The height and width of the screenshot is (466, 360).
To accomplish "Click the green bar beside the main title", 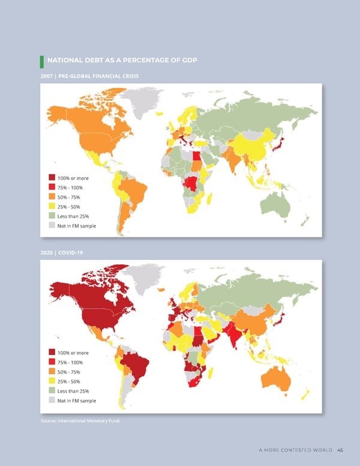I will click(x=42, y=61).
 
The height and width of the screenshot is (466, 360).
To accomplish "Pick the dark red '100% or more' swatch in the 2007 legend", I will click(x=52, y=178).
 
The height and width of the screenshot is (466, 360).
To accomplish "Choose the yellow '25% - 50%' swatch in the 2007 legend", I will click(x=52, y=207).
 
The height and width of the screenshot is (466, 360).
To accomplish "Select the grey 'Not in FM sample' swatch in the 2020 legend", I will click(x=52, y=401).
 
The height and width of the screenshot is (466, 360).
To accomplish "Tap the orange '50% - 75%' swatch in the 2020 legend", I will click(x=52, y=372).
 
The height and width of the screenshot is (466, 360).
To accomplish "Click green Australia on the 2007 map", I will click(x=275, y=204).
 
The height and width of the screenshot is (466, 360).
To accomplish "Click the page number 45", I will click(x=340, y=452).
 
